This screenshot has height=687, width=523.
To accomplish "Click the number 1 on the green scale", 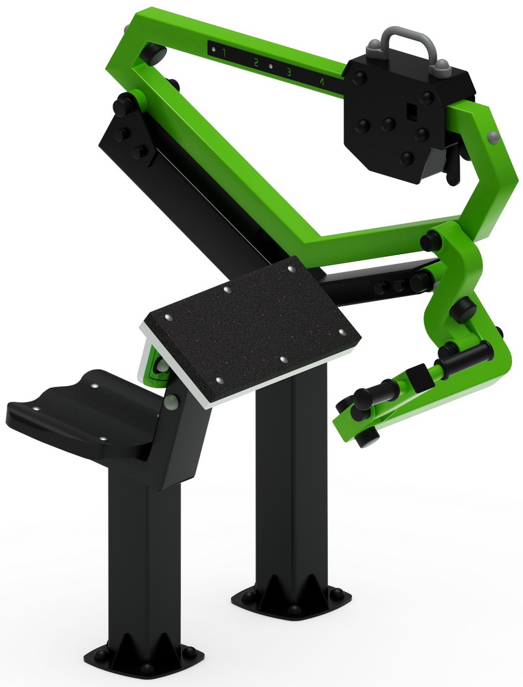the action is click(x=224, y=54).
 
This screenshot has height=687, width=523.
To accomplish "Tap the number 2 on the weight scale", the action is click(x=256, y=63).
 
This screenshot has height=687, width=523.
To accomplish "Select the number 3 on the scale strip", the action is click(x=289, y=72).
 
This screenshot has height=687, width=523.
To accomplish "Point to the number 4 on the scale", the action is click(x=322, y=82).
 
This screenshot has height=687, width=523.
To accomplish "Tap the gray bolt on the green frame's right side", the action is click(x=493, y=137).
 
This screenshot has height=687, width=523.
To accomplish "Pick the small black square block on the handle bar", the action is click(x=419, y=378).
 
